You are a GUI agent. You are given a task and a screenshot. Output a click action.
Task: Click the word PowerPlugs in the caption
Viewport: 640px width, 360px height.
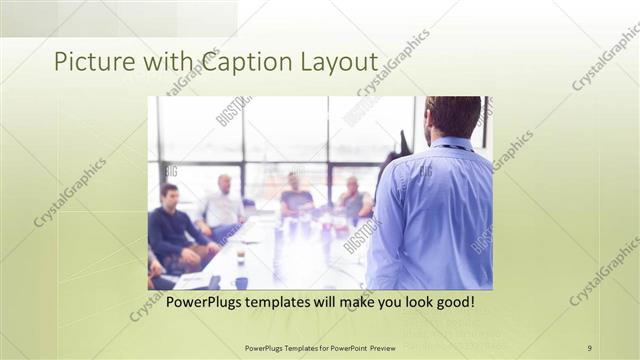pyautogui.click(x=206, y=302)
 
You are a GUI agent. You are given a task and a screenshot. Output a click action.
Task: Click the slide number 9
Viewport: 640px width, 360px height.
pyautogui.click(x=590, y=348)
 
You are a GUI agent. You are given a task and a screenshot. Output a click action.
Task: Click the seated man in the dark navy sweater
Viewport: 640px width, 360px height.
pyautogui.click(x=172, y=225)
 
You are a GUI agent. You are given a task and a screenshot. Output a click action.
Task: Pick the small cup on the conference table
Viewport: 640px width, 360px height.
pyautogui.click(x=241, y=257)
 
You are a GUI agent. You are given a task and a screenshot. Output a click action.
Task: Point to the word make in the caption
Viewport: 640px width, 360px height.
pyautogui.click(x=351, y=302)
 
